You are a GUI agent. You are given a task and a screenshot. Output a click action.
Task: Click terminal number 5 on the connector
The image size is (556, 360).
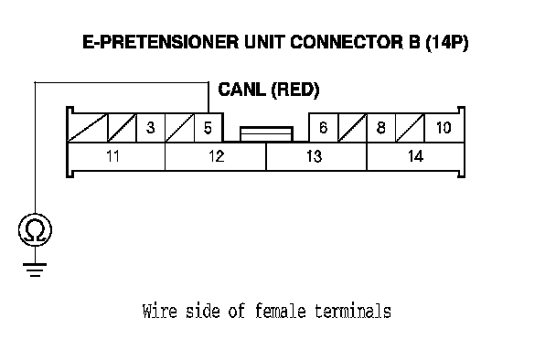pyautogui.click(x=208, y=128)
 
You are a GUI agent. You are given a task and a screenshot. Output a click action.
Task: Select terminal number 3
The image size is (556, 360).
pyautogui.click(x=151, y=128)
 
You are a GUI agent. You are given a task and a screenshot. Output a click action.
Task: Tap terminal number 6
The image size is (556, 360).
pyautogui.click(x=324, y=128)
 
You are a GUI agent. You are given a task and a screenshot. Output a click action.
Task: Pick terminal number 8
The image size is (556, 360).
pyautogui.click(x=381, y=128)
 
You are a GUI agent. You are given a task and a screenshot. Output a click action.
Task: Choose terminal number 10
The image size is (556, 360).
pyautogui.click(x=444, y=128)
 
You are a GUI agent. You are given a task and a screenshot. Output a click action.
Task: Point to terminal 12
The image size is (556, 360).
pyautogui.click(x=216, y=156)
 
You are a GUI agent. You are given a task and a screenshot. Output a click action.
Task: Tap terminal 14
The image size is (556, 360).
pyautogui.click(x=415, y=156)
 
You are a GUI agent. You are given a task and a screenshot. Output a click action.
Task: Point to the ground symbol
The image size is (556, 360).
pyautogui.click(x=35, y=270)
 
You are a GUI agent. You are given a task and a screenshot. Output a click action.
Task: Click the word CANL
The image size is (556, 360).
pyautogui.click(x=241, y=90)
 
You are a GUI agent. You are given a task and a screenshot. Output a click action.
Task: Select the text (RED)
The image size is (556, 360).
pyautogui.click(x=295, y=90)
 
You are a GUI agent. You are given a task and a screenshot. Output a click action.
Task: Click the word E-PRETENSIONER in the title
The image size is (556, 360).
pyautogui.click(x=161, y=42)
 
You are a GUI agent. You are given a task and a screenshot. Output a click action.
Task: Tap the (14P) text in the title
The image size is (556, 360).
pyautogui.click(x=447, y=43)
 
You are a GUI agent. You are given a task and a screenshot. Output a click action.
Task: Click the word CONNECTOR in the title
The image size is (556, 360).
pyautogui.click(x=347, y=42)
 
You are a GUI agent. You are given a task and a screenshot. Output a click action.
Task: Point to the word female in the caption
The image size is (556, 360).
pyautogui.click(x=280, y=311)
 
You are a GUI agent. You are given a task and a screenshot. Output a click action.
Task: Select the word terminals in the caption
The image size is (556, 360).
pyautogui.click(x=353, y=311)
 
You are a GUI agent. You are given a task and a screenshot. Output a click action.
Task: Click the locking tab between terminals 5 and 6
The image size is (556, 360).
pyautogui.click(x=266, y=134)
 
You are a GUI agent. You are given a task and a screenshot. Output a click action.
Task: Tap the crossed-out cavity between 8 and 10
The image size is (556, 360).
pyautogui.click(x=410, y=128)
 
